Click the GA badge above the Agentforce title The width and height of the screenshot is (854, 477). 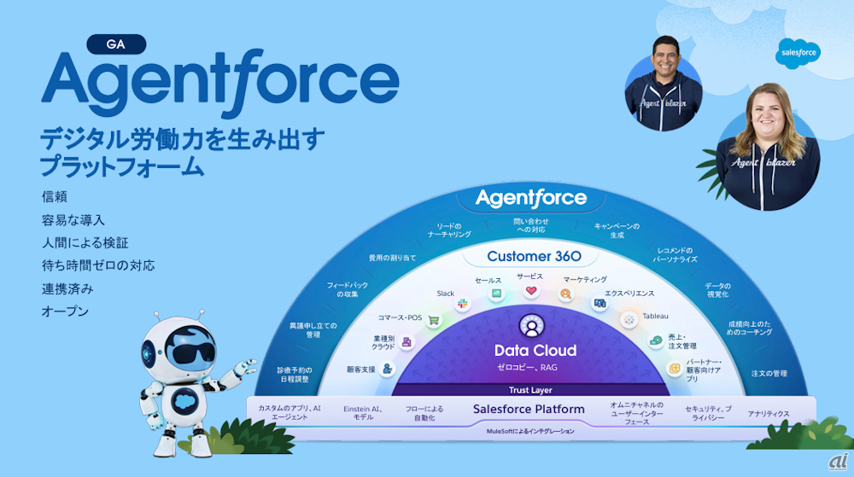pyautogui.click(x=116, y=45)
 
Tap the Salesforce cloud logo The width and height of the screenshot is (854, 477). pyautogui.click(x=798, y=53)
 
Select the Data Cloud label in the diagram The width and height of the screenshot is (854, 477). pyautogui.click(x=535, y=351)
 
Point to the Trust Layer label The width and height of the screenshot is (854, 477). pyautogui.click(x=530, y=390)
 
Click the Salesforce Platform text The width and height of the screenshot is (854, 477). pyautogui.click(x=529, y=410)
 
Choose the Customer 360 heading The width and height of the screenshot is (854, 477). pyautogui.click(x=534, y=256)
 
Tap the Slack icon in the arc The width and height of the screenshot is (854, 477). pyautogui.click(x=464, y=304)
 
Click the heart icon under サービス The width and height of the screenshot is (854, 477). pyautogui.click(x=530, y=292)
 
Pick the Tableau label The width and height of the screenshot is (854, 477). pyautogui.click(x=655, y=316)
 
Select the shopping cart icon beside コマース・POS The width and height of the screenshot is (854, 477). pyautogui.click(x=433, y=320)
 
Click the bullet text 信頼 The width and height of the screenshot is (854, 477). pyautogui.click(x=54, y=196)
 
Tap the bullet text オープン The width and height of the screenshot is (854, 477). pyautogui.click(x=65, y=311)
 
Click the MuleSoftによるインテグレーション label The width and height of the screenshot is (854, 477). pyautogui.click(x=530, y=432)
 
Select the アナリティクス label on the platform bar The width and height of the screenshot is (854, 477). pyautogui.click(x=769, y=414)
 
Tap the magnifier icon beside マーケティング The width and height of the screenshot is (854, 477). pyautogui.click(x=565, y=294)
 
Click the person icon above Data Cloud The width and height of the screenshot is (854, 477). pyautogui.click(x=530, y=326)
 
